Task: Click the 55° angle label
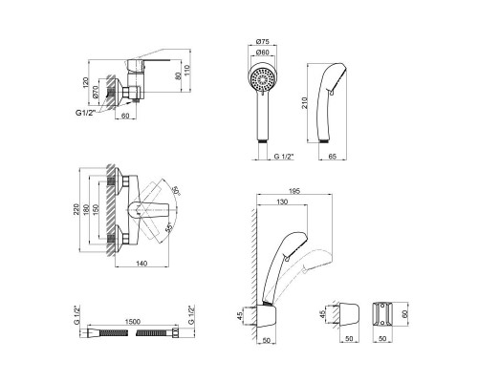point(168,226)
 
